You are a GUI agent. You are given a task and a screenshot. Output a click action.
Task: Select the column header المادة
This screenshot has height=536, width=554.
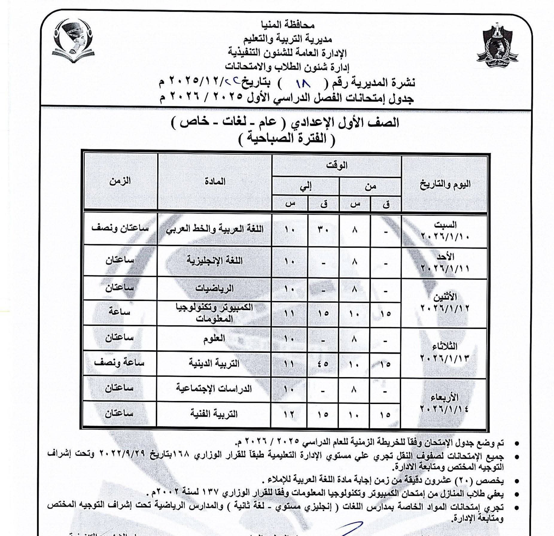coord(215,181)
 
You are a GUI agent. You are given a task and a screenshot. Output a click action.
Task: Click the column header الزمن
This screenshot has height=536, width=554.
coord(120,181)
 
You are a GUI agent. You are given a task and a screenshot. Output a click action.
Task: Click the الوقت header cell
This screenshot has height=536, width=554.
coord(337,165)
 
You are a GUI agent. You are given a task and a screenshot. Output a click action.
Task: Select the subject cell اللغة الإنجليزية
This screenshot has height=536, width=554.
coord(214,260)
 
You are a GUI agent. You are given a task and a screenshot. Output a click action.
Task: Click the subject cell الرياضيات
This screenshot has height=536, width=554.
coord(214,288)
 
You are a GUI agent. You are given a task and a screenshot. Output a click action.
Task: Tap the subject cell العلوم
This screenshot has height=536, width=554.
coord(214,339)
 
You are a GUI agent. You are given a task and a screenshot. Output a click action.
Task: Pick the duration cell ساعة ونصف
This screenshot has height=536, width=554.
coord(119,363)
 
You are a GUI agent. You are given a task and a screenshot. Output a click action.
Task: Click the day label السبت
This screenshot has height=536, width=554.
coord(445,224)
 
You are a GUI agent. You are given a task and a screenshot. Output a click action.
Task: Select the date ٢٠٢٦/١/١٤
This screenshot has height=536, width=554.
coord(445,408)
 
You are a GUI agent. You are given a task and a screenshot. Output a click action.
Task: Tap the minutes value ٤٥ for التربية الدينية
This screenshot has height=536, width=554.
coord(323,364)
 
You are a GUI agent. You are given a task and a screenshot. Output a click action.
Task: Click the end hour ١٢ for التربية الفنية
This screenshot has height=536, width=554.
coord(289,414)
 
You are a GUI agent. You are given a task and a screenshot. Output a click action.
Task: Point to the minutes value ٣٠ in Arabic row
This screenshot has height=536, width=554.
coord(323,230)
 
